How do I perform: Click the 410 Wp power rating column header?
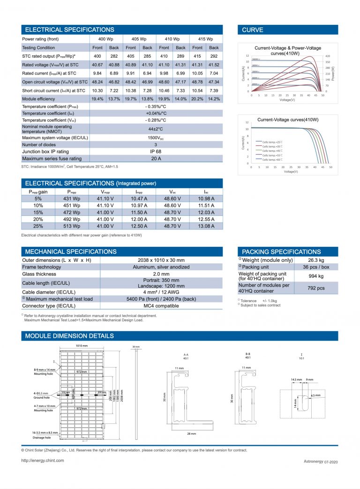click(x=172, y=39)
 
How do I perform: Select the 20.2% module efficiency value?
click(x=197, y=99)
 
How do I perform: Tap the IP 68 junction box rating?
click(x=156, y=151)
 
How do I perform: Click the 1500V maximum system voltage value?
click(x=156, y=138)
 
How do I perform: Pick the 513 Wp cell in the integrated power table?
click(x=72, y=226)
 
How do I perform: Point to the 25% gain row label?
click(x=38, y=226)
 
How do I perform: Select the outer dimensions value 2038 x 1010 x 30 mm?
click(x=156, y=260)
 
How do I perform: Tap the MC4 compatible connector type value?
click(x=156, y=306)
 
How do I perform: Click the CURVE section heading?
click(x=253, y=30)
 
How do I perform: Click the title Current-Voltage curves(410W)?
click(x=288, y=120)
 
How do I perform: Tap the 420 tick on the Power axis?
click(x=328, y=56)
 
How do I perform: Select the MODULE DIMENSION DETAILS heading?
click(x=69, y=336)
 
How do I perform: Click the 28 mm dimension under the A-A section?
click(x=191, y=434)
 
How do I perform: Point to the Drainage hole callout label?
click(x=42, y=437)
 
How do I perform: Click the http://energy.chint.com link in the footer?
click(x=43, y=460)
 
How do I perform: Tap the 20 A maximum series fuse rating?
click(x=156, y=158)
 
